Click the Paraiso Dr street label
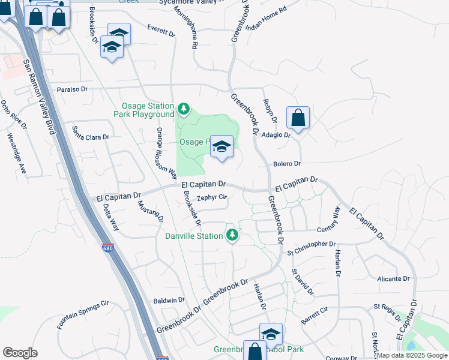[72, 89]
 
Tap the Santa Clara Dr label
[91, 133]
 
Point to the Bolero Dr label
[286, 163]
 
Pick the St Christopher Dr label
[311, 244]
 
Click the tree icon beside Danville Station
[232, 236]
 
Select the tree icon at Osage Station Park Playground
[184, 110]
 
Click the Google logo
[20, 353]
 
